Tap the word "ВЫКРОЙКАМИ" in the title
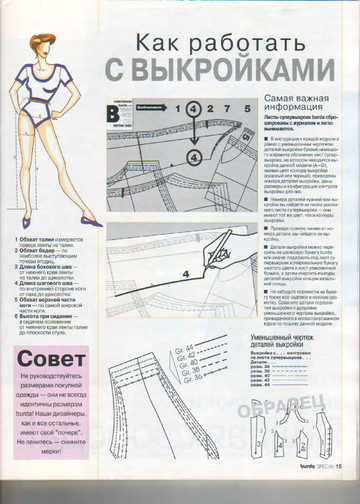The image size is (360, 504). point(238,70)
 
